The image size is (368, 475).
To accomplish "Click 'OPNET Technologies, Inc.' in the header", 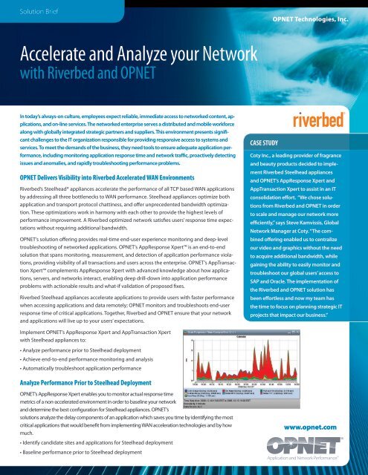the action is point(311,15).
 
